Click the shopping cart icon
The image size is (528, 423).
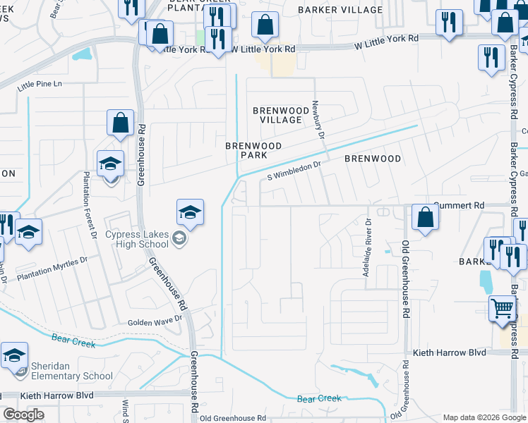pyautogui.click(x=502, y=307)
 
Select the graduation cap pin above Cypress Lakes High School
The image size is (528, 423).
pyautogui.click(x=190, y=211)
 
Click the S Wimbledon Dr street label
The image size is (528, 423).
pyautogui.click(x=294, y=169)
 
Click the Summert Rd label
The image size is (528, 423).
pyautogui.click(x=461, y=205)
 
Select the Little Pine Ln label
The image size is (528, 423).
pyautogui.click(x=40, y=84)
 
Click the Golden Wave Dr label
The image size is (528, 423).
pyautogui.click(x=155, y=322)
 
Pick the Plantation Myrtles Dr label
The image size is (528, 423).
pyautogui.click(x=54, y=269)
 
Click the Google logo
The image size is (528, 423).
pyautogui.click(x=24, y=415)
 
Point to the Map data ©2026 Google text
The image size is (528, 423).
pyautogui.click(x=484, y=417)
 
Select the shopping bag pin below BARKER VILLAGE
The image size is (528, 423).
pyautogui.click(x=265, y=25)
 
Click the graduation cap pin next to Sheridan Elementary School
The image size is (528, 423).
pyautogui.click(x=14, y=356)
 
